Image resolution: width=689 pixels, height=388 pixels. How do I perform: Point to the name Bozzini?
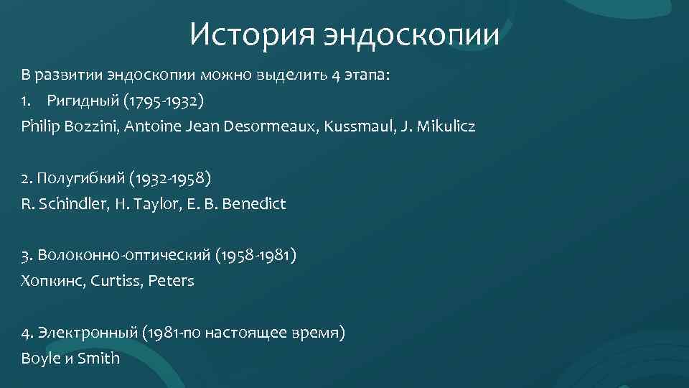(x=92, y=126)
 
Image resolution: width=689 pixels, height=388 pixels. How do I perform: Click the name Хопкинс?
(x=54, y=281)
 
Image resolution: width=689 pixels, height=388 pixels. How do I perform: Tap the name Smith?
(x=99, y=358)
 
